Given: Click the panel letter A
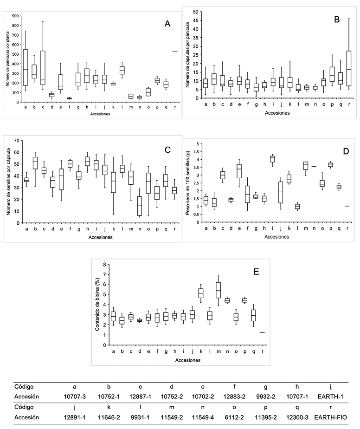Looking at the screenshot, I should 168,25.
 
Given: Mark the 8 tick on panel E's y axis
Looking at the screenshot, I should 105,264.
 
